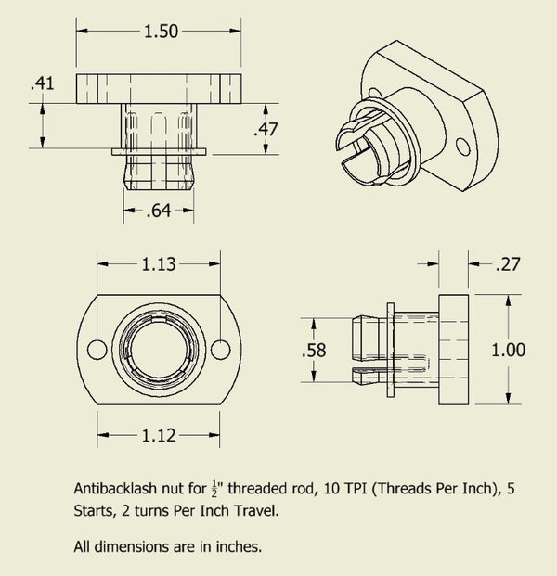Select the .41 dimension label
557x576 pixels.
(42, 83)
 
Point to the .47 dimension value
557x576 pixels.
(267, 129)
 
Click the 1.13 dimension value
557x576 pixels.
(159, 264)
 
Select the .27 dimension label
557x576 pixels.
(509, 264)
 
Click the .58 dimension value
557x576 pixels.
(315, 351)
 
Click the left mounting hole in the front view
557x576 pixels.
(93, 349)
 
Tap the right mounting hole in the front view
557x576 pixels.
(220, 349)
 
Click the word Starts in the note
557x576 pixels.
(94, 510)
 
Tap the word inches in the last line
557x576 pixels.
(239, 546)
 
